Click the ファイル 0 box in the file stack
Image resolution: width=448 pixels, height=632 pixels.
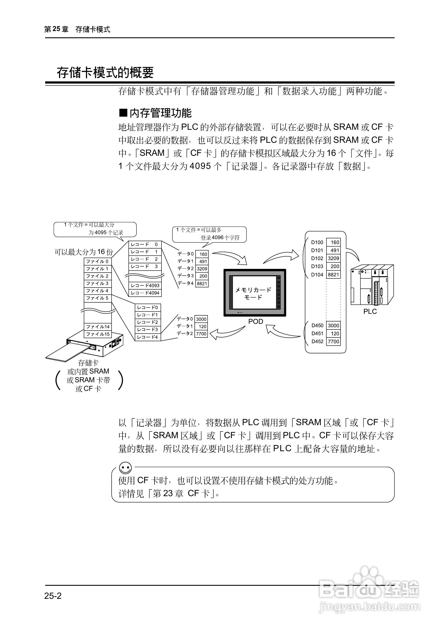click(x=98, y=261)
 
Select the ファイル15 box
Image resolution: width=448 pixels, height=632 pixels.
click(x=98, y=334)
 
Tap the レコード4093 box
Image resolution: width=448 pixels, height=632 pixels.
click(x=145, y=286)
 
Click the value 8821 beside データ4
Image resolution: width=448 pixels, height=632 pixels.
click(x=202, y=284)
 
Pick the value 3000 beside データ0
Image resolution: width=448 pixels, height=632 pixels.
click(x=201, y=319)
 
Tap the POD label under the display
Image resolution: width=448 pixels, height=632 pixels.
click(x=255, y=321)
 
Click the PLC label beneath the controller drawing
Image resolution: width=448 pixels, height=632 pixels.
click(x=370, y=311)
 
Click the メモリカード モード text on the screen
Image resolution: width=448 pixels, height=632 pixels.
click(x=253, y=293)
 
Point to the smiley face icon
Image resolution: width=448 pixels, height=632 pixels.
click(x=125, y=468)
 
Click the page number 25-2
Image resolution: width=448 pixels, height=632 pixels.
click(x=53, y=596)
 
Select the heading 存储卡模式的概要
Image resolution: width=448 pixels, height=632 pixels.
click(x=105, y=72)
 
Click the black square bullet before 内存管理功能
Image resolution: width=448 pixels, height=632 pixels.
click(x=123, y=113)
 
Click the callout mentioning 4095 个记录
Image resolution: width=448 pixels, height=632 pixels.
click(x=95, y=229)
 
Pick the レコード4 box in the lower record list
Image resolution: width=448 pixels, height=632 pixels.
click(x=148, y=337)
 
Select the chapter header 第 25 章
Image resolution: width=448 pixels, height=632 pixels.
click(x=56, y=29)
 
